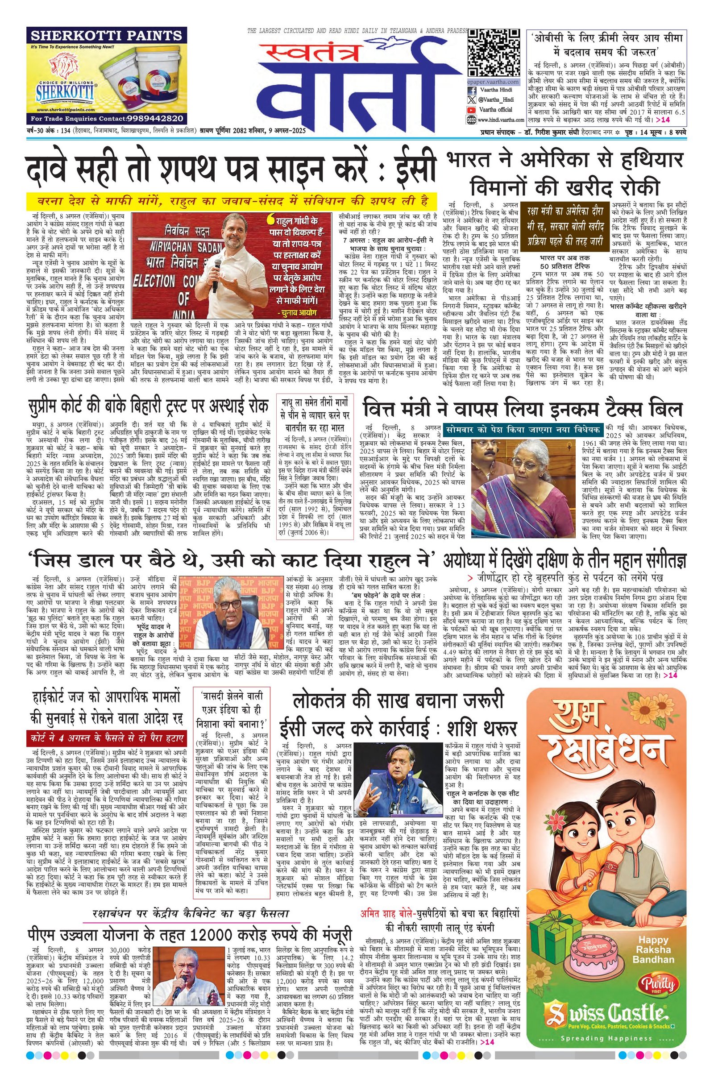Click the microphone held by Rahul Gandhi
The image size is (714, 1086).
point(214,274)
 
